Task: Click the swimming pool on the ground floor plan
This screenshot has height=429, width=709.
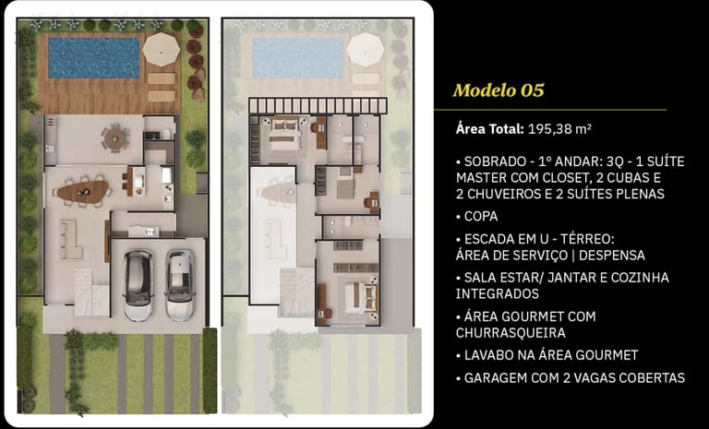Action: [x=94, y=58]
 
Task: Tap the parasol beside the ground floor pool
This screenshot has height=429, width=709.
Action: [x=161, y=49]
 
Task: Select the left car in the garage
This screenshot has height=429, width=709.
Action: [x=138, y=285]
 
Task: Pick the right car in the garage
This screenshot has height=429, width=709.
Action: [x=179, y=285]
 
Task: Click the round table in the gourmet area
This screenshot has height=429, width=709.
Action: [x=115, y=138]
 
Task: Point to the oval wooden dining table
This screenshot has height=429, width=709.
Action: [x=83, y=192]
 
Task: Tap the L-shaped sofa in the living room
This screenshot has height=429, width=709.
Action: [x=70, y=240]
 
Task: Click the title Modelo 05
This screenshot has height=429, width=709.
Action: [x=499, y=90]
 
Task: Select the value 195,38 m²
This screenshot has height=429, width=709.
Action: [x=559, y=129]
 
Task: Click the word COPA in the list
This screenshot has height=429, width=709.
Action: [x=481, y=217]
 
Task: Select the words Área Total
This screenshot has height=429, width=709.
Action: [x=489, y=129]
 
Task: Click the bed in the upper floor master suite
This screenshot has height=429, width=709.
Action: [x=285, y=135]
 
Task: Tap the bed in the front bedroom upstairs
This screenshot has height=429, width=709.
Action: [x=360, y=297]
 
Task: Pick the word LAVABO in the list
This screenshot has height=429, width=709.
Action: [x=487, y=355]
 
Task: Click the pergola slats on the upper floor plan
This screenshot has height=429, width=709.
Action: [x=318, y=106]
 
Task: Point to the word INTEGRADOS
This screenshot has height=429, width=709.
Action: [x=497, y=294]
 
